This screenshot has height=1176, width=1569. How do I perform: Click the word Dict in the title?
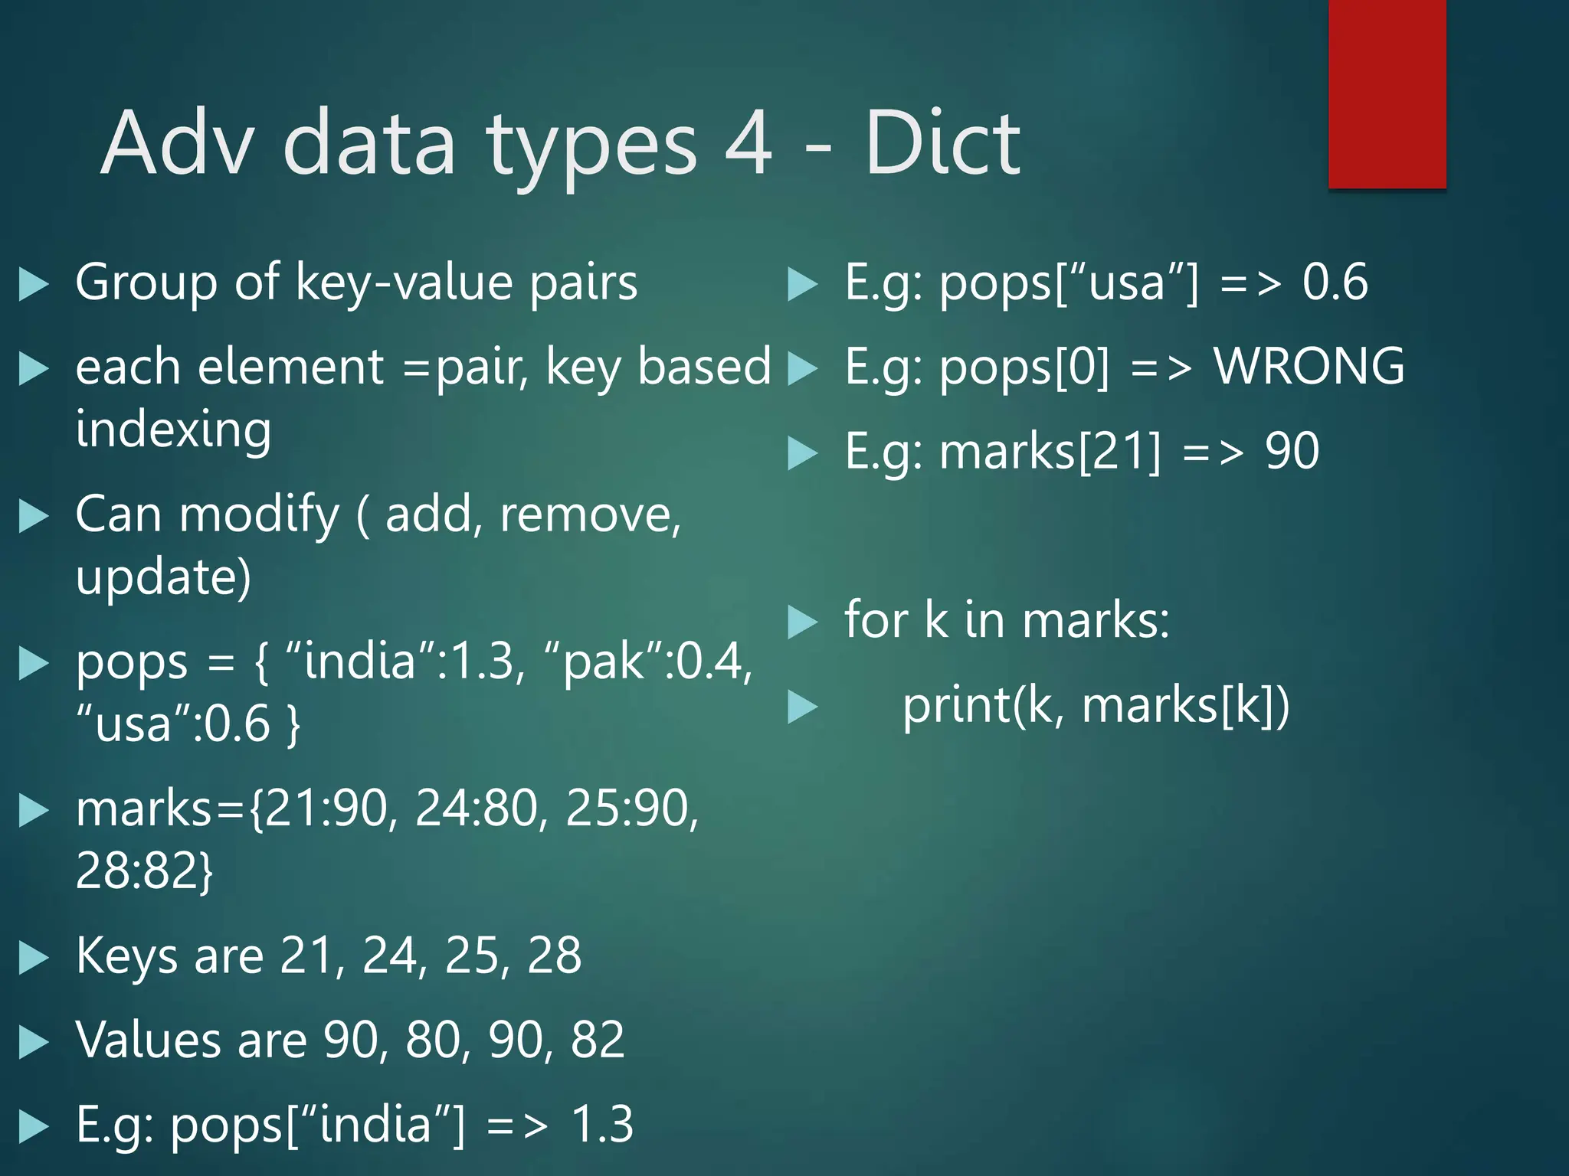(942, 143)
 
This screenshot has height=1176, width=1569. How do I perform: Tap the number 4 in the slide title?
(748, 143)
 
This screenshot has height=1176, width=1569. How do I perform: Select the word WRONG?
(1309, 366)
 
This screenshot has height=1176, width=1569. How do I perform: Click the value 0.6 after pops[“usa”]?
(1335, 282)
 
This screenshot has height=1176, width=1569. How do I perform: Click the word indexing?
(173, 430)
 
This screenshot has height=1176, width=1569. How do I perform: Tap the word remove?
(589, 514)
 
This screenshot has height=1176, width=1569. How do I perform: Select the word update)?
(163, 577)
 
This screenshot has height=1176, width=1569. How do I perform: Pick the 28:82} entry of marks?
(144, 871)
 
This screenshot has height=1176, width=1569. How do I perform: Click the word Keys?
(126, 957)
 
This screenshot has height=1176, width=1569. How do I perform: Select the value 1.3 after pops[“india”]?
(602, 1125)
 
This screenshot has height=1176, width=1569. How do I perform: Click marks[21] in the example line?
(1050, 452)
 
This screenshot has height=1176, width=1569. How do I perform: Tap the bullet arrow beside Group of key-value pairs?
(34, 284)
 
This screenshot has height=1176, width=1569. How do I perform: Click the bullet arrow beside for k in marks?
(803, 622)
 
